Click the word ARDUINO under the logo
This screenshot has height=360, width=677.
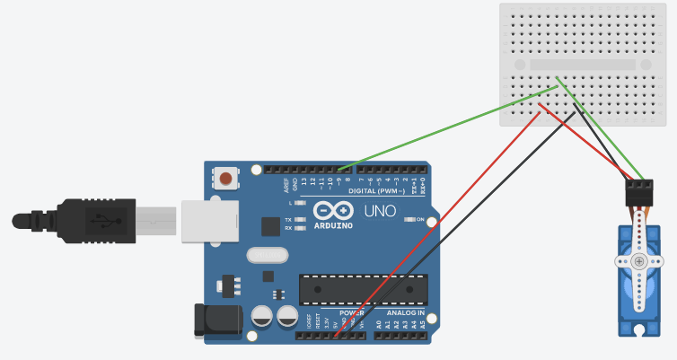[x=333, y=225]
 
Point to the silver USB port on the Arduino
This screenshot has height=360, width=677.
[x=208, y=221]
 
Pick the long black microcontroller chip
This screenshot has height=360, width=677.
[x=363, y=289]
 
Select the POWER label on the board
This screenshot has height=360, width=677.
[x=351, y=312]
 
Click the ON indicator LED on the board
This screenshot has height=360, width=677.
[x=409, y=219]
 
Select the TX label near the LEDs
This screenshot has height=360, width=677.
[x=287, y=220]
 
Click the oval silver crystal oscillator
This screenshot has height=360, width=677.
[x=266, y=256]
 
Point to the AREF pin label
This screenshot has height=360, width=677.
[x=287, y=186]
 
